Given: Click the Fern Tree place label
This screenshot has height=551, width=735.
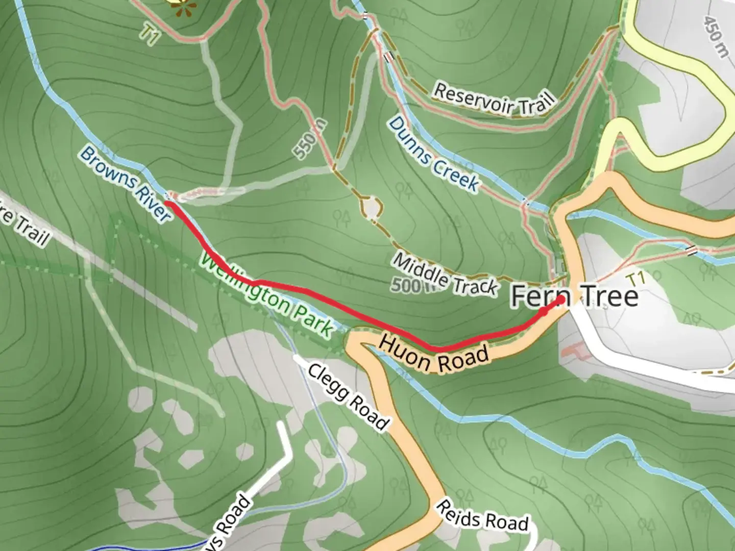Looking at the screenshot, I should [x=574, y=296].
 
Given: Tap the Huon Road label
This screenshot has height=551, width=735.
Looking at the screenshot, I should [x=433, y=353].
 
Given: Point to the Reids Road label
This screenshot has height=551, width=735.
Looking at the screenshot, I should [x=482, y=516].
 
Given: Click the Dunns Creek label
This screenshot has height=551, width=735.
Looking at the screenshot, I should [x=434, y=155].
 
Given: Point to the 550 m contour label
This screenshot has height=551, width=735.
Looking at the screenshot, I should [x=309, y=139].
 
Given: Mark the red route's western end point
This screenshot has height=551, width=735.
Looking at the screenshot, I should [x=167, y=203].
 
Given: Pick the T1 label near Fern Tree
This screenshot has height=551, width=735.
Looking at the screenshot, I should [x=636, y=279].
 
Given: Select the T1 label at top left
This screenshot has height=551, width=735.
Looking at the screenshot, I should [x=149, y=35].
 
